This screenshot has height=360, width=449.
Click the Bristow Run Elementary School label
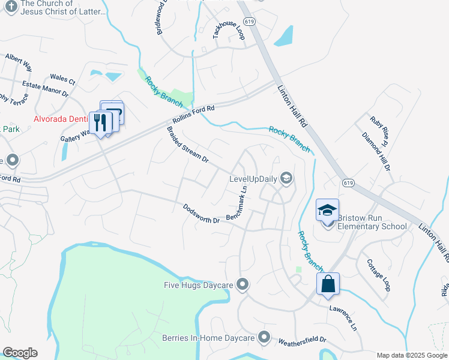coord(372,222)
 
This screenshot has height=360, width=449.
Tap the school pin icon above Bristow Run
coord(328,211)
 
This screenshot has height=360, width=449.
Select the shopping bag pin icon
coord(328,284)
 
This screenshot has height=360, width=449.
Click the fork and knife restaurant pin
coord(100,124)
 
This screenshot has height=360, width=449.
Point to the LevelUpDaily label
coord(255,178)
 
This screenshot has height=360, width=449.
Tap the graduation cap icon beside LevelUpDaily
coord(286,178)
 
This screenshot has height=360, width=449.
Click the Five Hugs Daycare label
coord(198,284)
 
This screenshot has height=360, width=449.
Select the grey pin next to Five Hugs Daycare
coord(243,284)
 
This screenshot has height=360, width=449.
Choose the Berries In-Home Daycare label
coord(208,338)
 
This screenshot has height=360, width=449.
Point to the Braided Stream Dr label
coord(187,145)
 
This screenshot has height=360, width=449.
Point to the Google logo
coord(20,353)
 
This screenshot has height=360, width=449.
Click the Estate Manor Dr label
coord(46,90)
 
